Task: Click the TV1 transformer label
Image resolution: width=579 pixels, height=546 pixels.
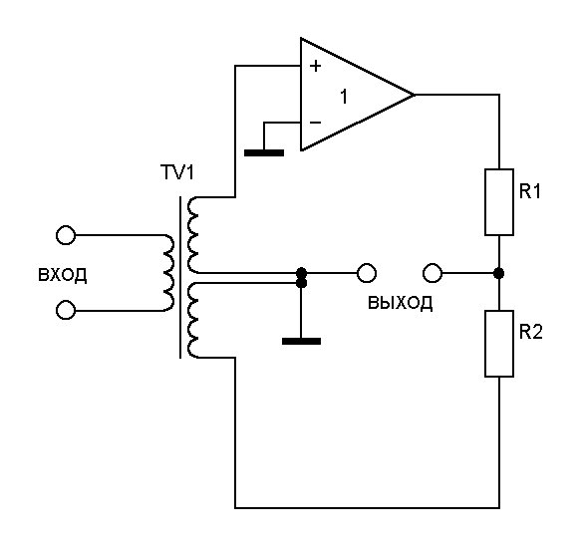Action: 177,172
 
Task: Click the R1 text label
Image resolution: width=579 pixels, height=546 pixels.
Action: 530,191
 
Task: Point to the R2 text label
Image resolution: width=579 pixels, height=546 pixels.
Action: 531,332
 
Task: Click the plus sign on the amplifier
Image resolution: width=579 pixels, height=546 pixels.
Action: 315,66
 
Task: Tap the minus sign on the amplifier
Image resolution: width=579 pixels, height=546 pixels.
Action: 315,123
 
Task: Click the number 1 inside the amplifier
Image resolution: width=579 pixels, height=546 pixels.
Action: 344,97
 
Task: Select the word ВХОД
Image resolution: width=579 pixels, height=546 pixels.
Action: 63,275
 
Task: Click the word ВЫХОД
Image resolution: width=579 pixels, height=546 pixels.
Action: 400,303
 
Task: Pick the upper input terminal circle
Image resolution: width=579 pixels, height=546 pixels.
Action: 66,235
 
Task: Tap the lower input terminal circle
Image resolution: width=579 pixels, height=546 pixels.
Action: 66,310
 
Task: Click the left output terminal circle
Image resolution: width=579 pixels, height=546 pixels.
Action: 367,273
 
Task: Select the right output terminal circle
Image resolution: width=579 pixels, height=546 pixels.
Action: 433,273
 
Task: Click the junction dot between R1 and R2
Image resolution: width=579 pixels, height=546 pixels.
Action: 499,273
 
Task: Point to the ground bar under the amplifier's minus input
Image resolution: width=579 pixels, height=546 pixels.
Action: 264,152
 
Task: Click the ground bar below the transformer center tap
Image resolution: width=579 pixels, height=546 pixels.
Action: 301,341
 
